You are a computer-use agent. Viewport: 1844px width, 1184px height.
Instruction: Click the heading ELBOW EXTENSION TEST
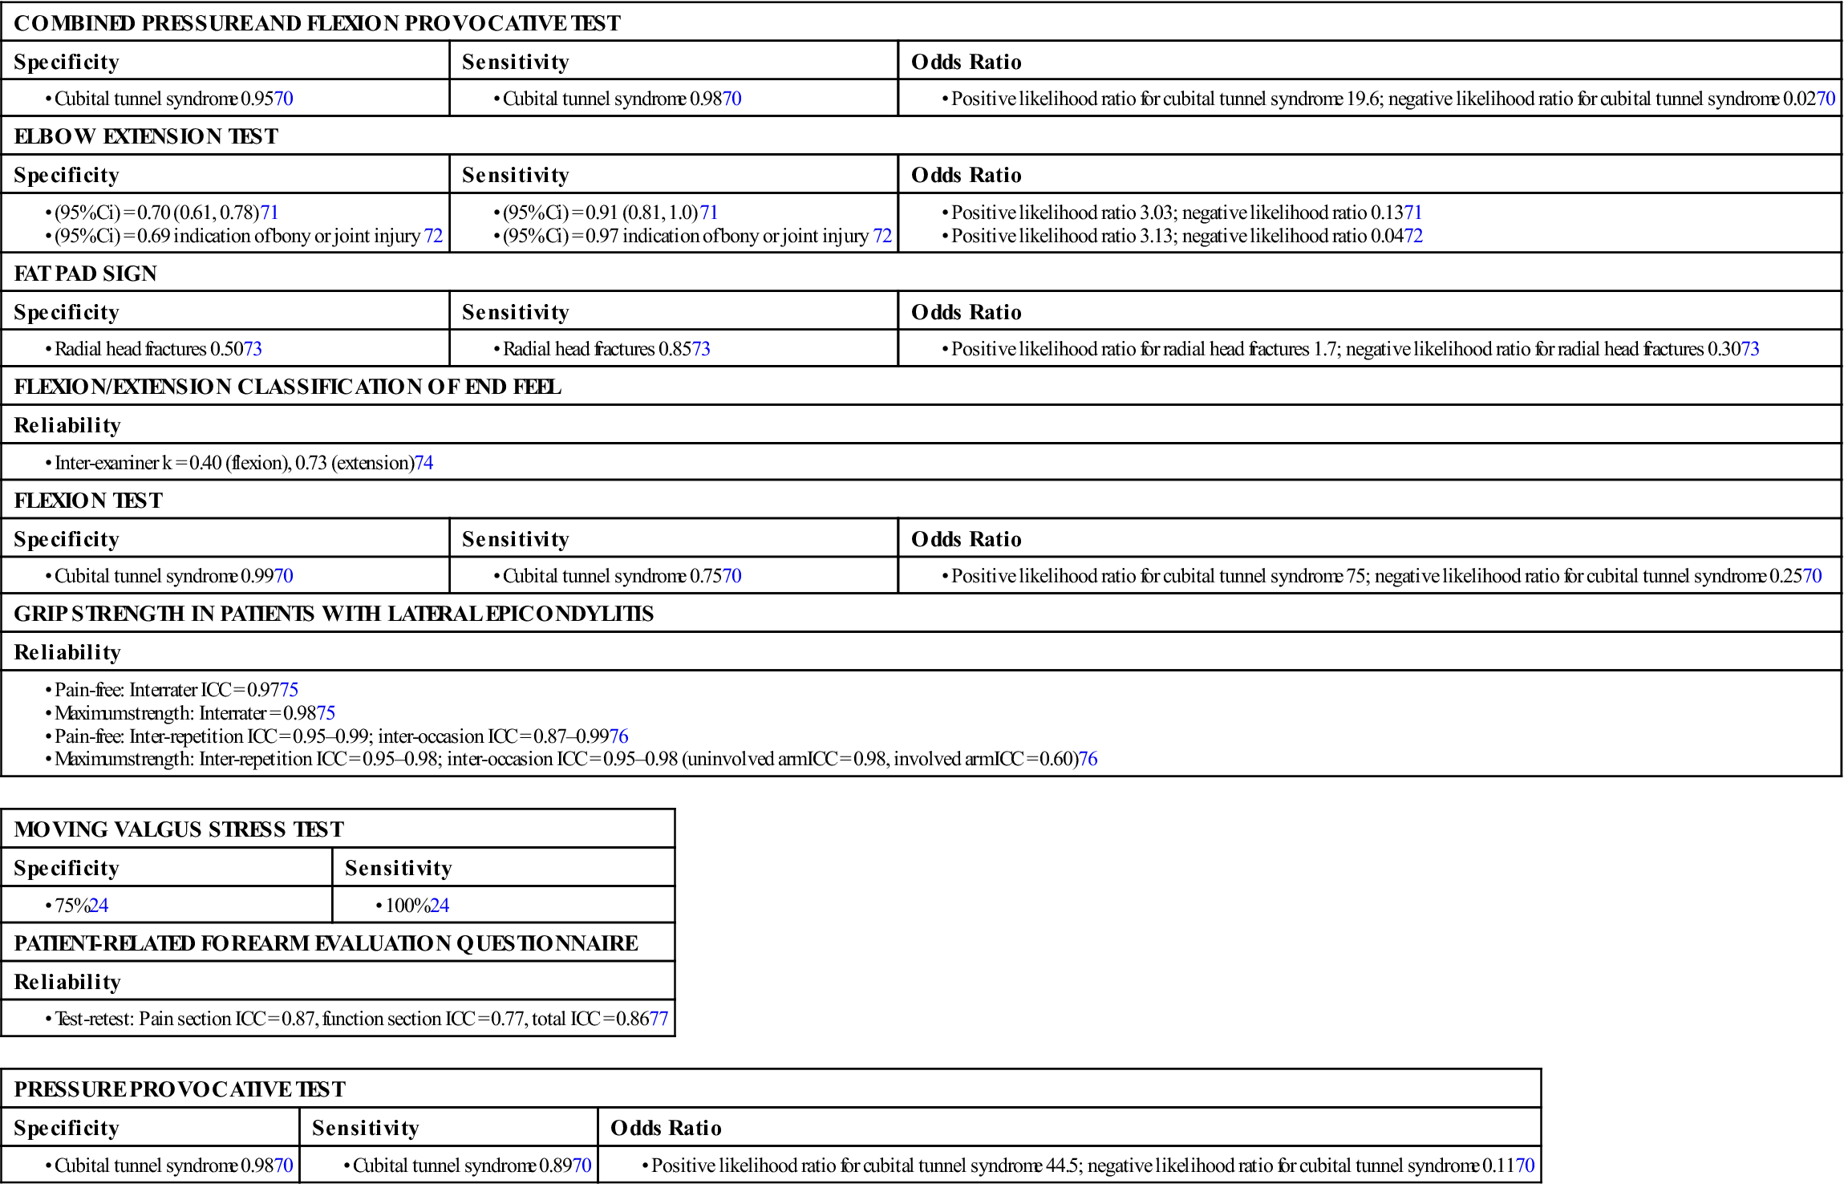point(146,136)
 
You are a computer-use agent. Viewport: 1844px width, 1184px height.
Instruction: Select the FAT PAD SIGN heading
point(86,274)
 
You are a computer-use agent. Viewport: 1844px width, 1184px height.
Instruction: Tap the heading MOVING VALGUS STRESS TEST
point(179,829)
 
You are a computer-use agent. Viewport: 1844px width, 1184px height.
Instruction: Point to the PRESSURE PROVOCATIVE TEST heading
point(180,1089)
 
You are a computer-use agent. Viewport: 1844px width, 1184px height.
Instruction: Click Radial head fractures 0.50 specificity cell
point(158,349)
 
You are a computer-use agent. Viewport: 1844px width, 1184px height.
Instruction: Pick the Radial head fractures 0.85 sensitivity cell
point(606,349)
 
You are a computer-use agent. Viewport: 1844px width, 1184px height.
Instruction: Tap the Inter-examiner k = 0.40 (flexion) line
point(244,463)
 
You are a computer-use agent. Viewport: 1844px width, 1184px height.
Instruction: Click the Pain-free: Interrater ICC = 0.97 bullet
point(176,690)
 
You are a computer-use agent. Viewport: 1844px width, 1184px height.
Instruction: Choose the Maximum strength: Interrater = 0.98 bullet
point(195,713)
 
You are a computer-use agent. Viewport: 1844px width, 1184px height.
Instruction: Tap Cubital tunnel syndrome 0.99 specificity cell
point(173,576)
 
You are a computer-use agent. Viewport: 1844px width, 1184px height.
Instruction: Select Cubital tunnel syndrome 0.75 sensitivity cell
point(622,576)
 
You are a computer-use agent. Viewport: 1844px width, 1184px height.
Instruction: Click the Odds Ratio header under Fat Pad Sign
point(967,312)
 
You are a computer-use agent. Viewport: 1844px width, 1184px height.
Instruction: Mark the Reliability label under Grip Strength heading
point(67,652)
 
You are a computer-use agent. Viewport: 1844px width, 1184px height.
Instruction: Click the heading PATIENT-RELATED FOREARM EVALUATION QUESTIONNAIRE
point(326,943)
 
